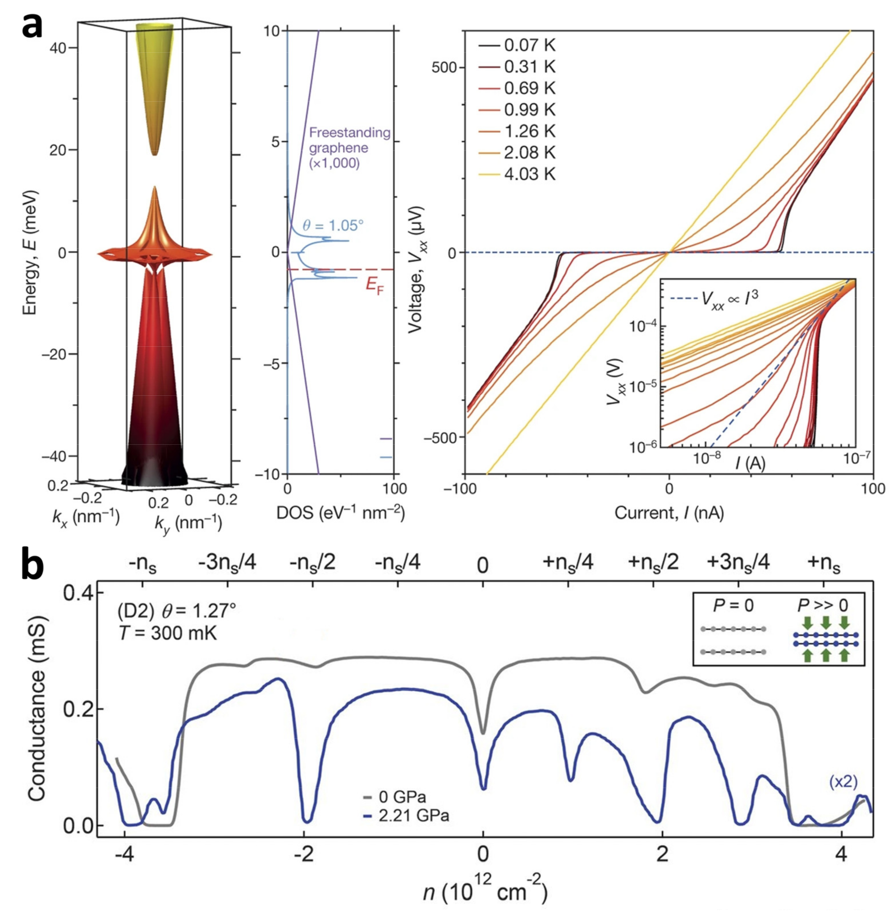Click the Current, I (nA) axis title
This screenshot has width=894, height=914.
click(x=669, y=513)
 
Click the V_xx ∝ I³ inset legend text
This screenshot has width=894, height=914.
click(x=730, y=298)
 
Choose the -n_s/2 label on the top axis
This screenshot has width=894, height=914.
click(x=312, y=562)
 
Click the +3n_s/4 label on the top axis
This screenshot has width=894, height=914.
click(x=738, y=562)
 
